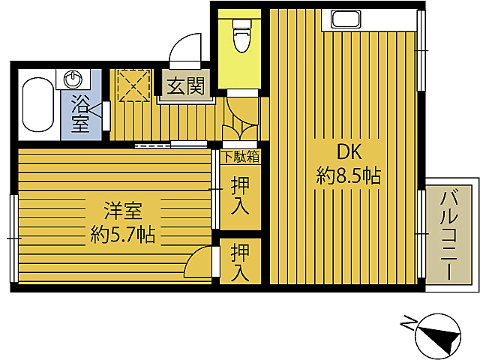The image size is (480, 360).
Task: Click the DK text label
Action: coord(348,152)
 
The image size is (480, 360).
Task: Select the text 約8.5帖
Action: coord(349,177)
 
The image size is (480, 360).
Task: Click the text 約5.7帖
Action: coord(123,235)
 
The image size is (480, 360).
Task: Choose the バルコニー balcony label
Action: coord(451,235)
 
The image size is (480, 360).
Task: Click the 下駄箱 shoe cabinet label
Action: coord(241,157)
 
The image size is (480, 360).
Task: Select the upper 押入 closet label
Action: coord(240,194)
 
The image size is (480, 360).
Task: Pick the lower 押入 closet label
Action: coord(240,262)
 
